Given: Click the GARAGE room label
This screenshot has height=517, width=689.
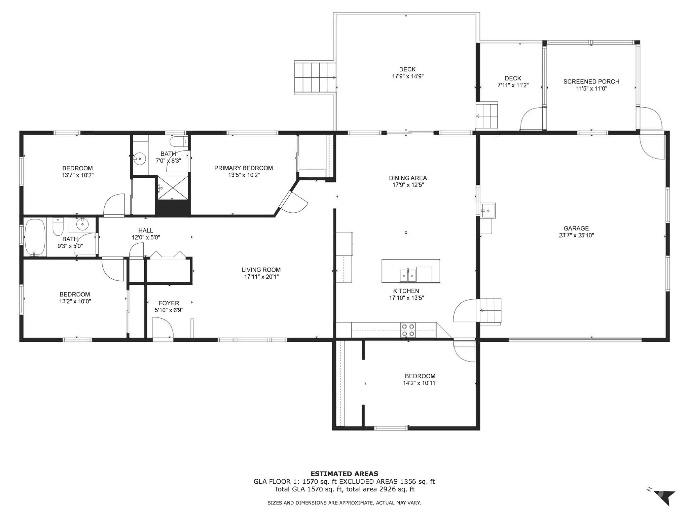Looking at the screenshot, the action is pos(576,228).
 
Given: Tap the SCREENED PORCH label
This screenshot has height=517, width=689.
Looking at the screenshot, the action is pos(591,81).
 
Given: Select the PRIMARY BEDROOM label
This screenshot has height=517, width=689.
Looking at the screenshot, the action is pos(244,168).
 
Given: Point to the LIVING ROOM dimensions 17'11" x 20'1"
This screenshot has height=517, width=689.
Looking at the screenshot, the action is pos(261,277).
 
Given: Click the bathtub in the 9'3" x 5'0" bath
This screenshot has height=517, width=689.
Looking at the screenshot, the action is pos(35,238).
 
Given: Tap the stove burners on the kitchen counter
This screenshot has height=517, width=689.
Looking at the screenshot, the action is pos(408,330).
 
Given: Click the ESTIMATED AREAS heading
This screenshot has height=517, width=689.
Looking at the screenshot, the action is pos(344,474).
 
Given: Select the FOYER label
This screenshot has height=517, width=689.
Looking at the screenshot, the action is pos(169,303).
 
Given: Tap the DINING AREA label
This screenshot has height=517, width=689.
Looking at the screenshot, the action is pos(408,178).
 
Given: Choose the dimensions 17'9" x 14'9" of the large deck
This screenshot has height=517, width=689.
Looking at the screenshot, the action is pos(407,76).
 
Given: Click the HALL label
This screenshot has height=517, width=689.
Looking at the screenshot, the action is pos(146,231).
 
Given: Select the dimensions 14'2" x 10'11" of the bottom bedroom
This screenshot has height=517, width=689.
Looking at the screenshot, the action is pos(420,383).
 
